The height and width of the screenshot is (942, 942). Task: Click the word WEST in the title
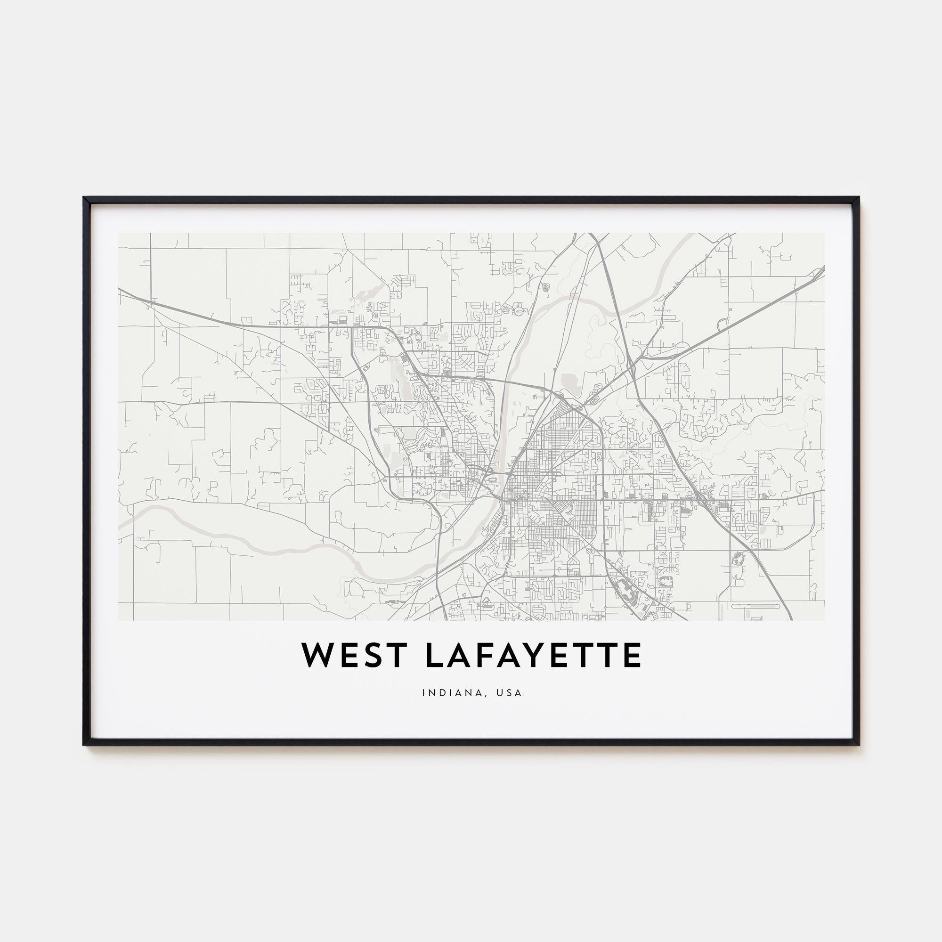point(354,656)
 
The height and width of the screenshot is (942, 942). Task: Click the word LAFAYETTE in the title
point(534,656)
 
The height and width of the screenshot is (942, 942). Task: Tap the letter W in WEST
point(318,656)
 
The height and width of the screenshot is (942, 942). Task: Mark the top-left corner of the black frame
point(84,198)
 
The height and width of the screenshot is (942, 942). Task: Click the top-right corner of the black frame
point(859,198)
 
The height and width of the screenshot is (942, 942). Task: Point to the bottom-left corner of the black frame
point(84,745)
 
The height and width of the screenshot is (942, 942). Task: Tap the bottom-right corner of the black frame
point(859,745)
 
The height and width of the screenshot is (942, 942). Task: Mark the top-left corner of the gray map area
point(119,233)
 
